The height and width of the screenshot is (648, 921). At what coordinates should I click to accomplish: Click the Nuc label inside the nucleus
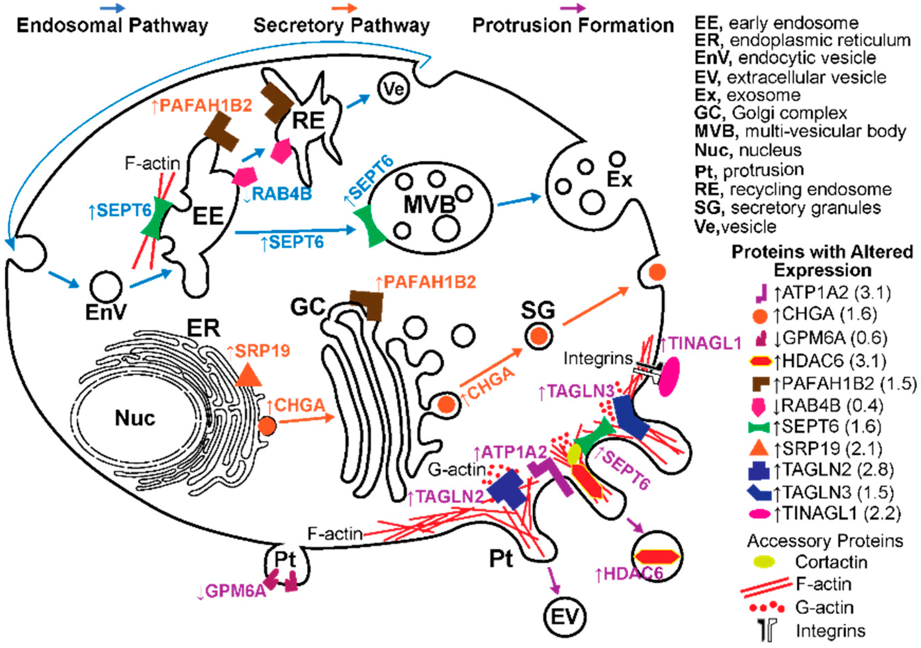(x=135, y=419)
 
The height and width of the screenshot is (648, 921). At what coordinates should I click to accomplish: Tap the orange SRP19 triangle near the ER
(x=248, y=376)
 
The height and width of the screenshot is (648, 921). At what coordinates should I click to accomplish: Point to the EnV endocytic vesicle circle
(x=105, y=288)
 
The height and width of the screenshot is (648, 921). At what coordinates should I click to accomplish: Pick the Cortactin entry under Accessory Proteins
(x=830, y=562)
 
